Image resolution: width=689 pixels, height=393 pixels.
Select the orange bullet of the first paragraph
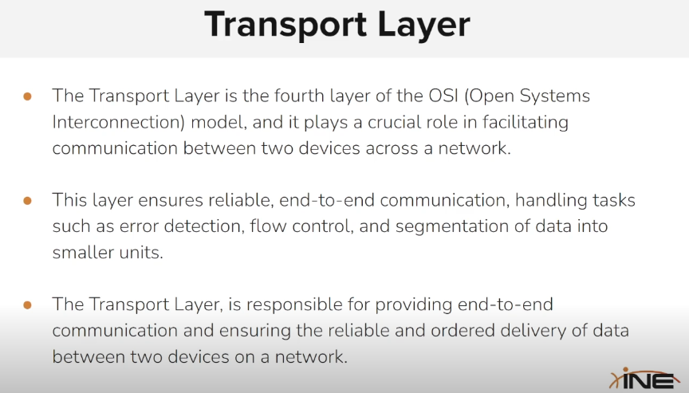click(27, 96)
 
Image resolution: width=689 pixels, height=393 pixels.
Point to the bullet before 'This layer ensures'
click(27, 200)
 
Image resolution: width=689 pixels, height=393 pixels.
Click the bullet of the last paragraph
click(27, 305)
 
